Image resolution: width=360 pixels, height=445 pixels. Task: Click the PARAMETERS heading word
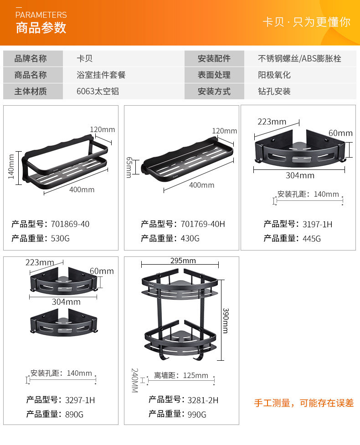coord(41,15)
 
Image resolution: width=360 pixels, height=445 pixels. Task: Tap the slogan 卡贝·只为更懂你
coord(306,22)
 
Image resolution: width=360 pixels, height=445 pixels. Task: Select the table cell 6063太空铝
coord(98,91)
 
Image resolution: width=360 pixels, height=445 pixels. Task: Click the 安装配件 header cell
coord(214,59)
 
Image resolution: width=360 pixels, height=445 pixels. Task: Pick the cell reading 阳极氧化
coord(274,75)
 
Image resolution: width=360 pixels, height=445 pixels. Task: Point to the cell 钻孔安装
coord(274,91)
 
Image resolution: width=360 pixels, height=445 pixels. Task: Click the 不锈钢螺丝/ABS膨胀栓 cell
coord(299,59)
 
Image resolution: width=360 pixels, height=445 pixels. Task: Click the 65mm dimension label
coord(129,167)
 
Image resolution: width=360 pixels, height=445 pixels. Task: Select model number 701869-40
coord(70,224)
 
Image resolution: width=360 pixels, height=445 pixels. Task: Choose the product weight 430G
coord(190,238)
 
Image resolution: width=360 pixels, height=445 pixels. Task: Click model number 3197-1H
coord(317,224)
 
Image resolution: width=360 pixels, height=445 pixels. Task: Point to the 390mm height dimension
coord(226,320)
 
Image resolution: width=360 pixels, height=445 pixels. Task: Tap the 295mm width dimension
coord(183,261)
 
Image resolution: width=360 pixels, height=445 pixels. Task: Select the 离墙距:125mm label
coord(181,376)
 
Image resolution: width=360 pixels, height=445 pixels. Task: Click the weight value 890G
coord(74,414)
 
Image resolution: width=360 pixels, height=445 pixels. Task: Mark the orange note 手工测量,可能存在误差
coord(303,403)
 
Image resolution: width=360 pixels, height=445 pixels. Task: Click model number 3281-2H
coord(203,400)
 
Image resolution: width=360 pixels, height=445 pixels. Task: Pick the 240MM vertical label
coord(135,381)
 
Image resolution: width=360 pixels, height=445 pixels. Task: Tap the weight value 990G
coord(197,414)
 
